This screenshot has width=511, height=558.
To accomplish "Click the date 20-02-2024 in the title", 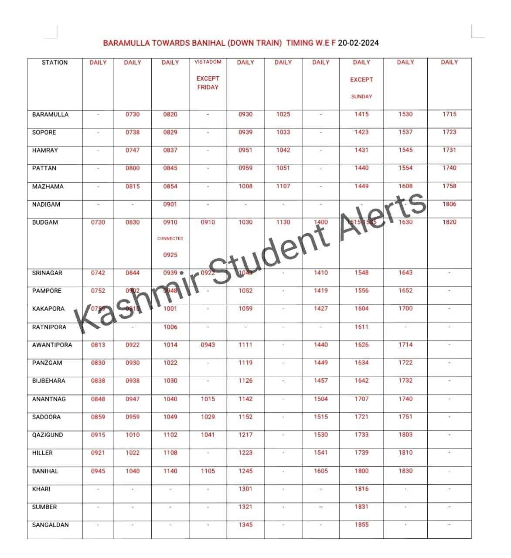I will [358, 43].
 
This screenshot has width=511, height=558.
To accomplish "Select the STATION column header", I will [55, 62].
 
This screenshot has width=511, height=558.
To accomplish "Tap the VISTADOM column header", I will [208, 62].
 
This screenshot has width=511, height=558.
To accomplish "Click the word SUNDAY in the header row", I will [361, 96].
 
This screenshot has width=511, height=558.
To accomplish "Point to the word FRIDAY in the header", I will [208, 87].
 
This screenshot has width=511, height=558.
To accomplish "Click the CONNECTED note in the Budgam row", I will [170, 238].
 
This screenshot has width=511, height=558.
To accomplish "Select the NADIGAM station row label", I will [46, 204].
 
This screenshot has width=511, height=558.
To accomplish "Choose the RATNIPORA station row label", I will [49, 327].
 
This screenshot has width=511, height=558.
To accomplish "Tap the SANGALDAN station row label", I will [51, 525].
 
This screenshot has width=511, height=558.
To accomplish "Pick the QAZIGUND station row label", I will [48, 435].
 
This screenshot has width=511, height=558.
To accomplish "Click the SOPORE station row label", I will [44, 133].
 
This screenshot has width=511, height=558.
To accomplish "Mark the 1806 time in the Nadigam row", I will [449, 204].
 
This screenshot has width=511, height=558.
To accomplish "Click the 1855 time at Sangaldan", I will [361, 524].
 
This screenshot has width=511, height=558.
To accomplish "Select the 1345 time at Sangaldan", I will [245, 524].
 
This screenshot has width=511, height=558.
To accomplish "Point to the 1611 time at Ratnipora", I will [361, 327].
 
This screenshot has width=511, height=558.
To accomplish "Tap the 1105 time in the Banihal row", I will [208, 471].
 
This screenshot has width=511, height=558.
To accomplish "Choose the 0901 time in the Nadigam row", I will [170, 204].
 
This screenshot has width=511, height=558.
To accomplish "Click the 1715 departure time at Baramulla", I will [449, 114].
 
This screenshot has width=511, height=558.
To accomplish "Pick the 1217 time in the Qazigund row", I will [245, 435].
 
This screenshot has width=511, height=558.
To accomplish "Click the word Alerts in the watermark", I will [384, 214].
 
